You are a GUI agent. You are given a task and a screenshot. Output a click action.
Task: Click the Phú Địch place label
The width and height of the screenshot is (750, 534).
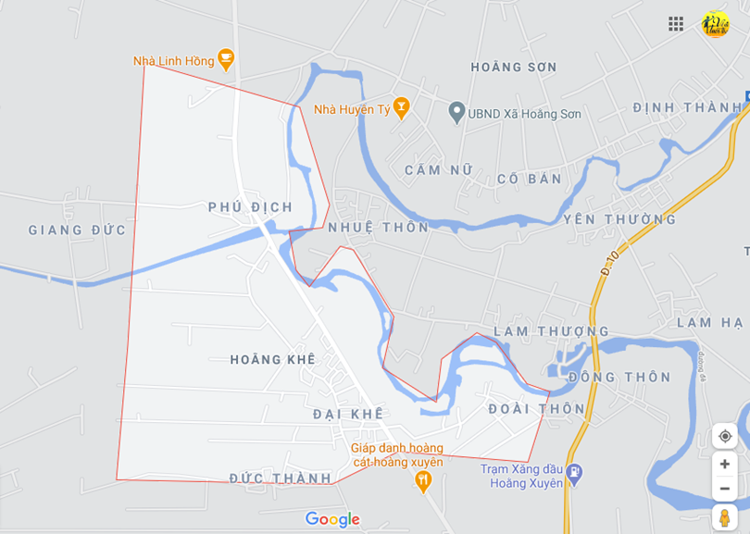(250, 207)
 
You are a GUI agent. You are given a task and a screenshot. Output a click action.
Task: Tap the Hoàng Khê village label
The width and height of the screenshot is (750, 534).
(273, 359)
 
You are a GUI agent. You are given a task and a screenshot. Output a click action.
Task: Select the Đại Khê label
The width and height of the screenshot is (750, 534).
(347, 414)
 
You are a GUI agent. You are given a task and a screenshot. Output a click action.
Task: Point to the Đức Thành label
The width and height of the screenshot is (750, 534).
(281, 478)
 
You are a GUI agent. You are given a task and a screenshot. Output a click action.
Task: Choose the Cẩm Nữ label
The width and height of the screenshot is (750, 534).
(439, 170)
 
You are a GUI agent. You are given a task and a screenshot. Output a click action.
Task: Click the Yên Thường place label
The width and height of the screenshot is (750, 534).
(619, 219)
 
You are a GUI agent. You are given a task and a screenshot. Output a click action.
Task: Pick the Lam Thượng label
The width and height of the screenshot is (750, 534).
(551, 331)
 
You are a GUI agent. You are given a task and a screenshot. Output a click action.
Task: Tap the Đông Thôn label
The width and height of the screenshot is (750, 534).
(619, 377)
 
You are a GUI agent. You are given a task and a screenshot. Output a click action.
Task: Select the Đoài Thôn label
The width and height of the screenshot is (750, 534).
(537, 408)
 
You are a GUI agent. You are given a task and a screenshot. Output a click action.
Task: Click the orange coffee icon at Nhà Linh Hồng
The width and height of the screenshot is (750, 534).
(225, 60)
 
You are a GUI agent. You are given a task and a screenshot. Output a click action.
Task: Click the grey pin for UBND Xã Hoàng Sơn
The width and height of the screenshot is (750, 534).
(456, 113)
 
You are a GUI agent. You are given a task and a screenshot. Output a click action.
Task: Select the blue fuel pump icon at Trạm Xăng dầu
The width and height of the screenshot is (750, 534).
(575, 473)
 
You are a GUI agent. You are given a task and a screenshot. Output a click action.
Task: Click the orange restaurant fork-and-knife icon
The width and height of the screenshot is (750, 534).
(423, 479)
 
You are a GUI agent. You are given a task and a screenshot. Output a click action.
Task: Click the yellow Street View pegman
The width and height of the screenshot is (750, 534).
(724, 516)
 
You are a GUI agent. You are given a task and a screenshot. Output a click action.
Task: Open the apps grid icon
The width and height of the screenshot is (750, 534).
(676, 24)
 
